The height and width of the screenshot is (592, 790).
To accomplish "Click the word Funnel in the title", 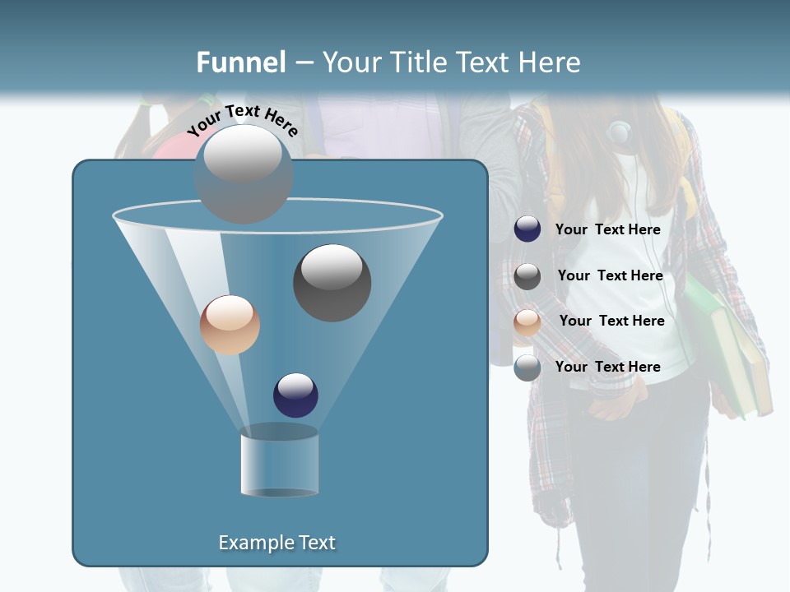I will [241, 62].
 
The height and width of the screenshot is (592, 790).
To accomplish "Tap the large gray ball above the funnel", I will [244, 173].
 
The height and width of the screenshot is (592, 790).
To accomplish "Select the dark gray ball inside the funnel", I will [332, 283].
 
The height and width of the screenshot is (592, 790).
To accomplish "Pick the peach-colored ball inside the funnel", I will [230, 325].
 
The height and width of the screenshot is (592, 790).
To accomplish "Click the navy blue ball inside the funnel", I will [295, 395].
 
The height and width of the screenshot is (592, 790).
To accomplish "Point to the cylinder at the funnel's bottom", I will [279, 463].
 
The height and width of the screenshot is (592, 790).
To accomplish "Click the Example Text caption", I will [276, 543].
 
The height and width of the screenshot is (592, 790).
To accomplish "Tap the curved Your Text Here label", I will [243, 120].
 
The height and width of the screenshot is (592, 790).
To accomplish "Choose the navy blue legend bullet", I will [527, 229].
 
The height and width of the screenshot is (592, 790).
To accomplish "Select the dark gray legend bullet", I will [527, 276].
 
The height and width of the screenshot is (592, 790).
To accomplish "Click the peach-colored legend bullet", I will [527, 322].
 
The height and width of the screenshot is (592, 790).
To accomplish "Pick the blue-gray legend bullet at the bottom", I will [527, 368].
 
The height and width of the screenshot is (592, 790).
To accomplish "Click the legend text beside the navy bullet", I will [607, 230].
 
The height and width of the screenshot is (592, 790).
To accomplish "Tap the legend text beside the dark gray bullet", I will [610, 276].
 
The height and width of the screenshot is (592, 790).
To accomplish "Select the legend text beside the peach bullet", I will [611, 321].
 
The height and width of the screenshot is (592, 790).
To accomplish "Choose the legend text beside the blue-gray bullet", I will [607, 367].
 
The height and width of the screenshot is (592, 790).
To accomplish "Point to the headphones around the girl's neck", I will [620, 132].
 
